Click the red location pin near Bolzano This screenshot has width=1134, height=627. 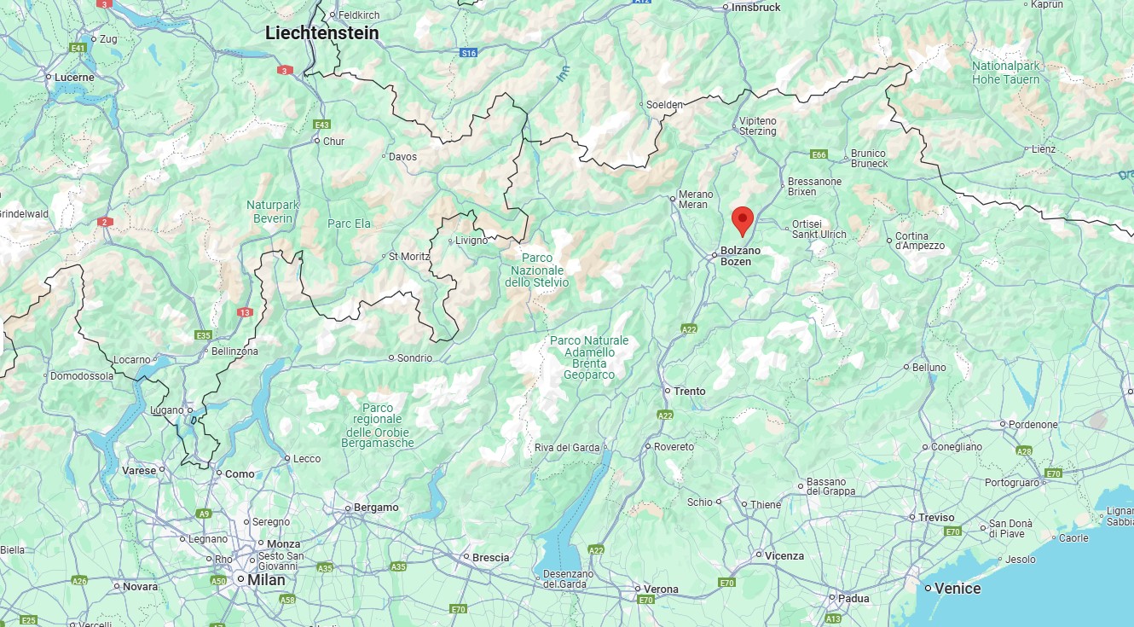[742, 219]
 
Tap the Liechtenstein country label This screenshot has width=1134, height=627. [321, 33]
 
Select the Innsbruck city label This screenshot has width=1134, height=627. [755, 7]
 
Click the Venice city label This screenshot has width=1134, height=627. [958, 588]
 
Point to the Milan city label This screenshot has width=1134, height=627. [266, 579]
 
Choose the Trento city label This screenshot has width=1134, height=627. [689, 391]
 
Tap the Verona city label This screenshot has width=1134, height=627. [661, 589]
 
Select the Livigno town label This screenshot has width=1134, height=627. [472, 241]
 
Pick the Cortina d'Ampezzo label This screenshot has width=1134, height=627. [919, 241]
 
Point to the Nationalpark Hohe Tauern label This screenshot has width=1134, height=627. [1006, 73]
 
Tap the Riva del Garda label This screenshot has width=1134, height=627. [567, 448]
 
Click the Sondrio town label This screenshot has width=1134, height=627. [414, 358]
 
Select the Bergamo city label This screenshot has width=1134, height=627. [376, 508]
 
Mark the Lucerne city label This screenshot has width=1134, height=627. [75, 77]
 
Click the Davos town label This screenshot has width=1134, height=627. [402, 157]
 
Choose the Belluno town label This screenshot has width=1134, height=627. [929, 368]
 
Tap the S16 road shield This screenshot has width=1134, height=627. [468, 53]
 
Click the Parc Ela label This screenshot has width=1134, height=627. [350, 224]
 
